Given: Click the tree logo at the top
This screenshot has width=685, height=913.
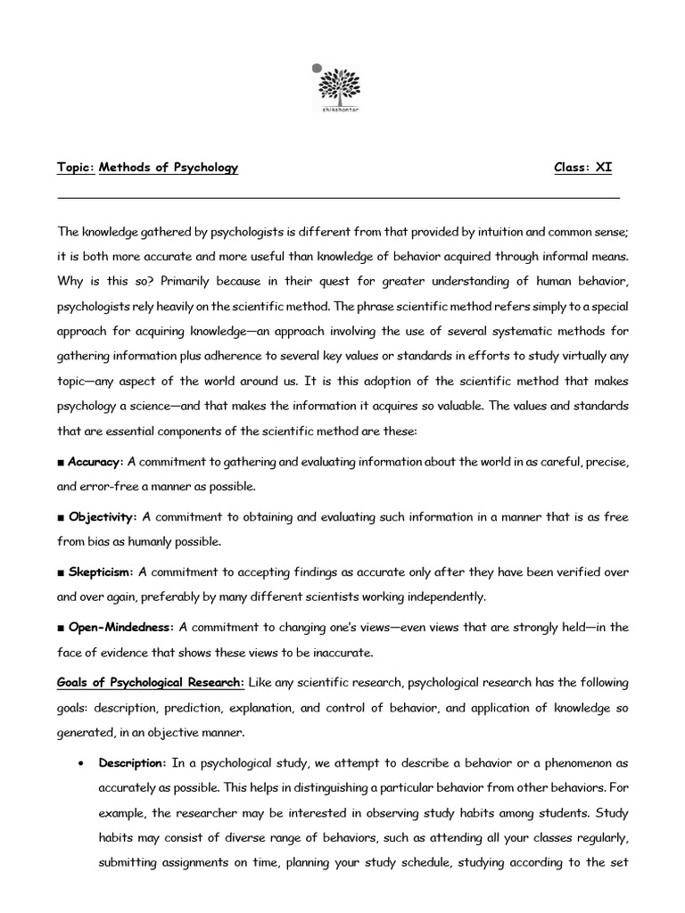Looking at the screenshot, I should pos(342,89).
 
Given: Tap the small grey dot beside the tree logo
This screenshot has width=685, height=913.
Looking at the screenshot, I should pos(315,67).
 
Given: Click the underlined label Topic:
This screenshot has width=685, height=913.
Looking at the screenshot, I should pos(76,168).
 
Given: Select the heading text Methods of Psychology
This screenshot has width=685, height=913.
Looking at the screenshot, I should pos(169,168).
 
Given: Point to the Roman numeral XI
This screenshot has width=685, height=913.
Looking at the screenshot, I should pos(603,168).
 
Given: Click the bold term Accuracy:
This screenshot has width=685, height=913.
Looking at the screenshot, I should pos(95,462).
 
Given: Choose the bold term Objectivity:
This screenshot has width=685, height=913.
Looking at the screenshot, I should pos(103,517).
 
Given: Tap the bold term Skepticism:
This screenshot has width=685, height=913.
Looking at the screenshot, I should pos(100,572).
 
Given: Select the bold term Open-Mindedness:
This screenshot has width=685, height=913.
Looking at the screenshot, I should pos(120,627).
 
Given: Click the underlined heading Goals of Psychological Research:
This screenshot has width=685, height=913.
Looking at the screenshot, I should pos(151,682).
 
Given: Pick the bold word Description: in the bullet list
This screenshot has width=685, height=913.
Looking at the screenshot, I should pos(132,763).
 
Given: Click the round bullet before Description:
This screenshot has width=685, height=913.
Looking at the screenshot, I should pos(81,764).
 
